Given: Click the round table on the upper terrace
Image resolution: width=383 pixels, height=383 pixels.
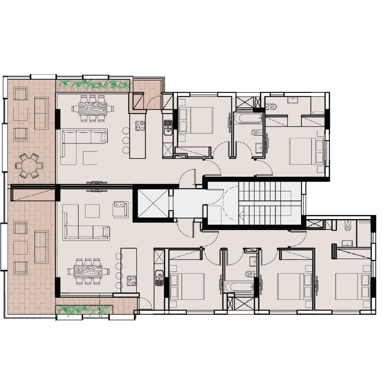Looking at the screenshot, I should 29,165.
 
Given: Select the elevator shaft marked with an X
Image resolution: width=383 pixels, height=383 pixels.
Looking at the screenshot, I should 153,204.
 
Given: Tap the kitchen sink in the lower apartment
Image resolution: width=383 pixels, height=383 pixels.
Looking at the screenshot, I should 159,276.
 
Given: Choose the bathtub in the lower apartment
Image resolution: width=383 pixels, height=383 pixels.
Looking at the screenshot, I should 239,287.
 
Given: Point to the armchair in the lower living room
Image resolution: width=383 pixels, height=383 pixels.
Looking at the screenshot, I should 121,209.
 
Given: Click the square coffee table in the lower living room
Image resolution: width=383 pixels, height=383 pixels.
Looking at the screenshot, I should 92,211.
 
